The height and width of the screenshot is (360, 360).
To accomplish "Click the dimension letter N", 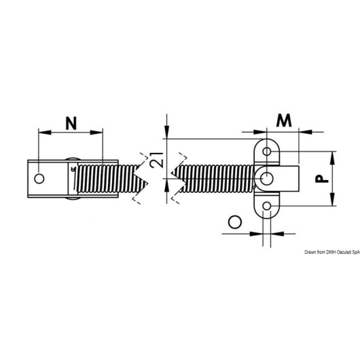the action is (71, 124).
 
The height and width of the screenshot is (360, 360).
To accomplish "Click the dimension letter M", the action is (284, 120).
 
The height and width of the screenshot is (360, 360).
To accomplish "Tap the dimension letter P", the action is (322, 179).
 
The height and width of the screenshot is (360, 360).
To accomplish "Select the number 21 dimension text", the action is (158, 160).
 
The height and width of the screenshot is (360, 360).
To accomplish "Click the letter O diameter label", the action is (235, 222).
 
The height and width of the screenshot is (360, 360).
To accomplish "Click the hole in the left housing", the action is (39, 179).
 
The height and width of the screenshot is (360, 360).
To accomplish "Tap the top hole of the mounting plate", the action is (266, 151).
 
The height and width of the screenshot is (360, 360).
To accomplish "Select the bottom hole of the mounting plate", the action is (266, 206).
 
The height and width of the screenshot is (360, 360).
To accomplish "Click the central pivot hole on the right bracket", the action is (266, 179).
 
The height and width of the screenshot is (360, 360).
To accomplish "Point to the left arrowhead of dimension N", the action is (45, 132).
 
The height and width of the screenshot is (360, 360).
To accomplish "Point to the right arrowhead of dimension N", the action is (96, 132).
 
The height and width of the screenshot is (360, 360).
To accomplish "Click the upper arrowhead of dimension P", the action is (332, 158).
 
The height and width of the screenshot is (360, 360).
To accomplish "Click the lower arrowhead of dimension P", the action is (332, 200).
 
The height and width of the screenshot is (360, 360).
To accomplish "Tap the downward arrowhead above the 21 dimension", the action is (167, 132).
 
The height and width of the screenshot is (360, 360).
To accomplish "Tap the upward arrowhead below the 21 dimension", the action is (167, 185).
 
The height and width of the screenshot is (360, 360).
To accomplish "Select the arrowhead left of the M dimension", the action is (260, 132).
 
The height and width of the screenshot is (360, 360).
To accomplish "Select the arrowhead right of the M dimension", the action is (306, 132).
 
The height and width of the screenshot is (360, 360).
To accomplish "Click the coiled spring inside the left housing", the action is (108, 179).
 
